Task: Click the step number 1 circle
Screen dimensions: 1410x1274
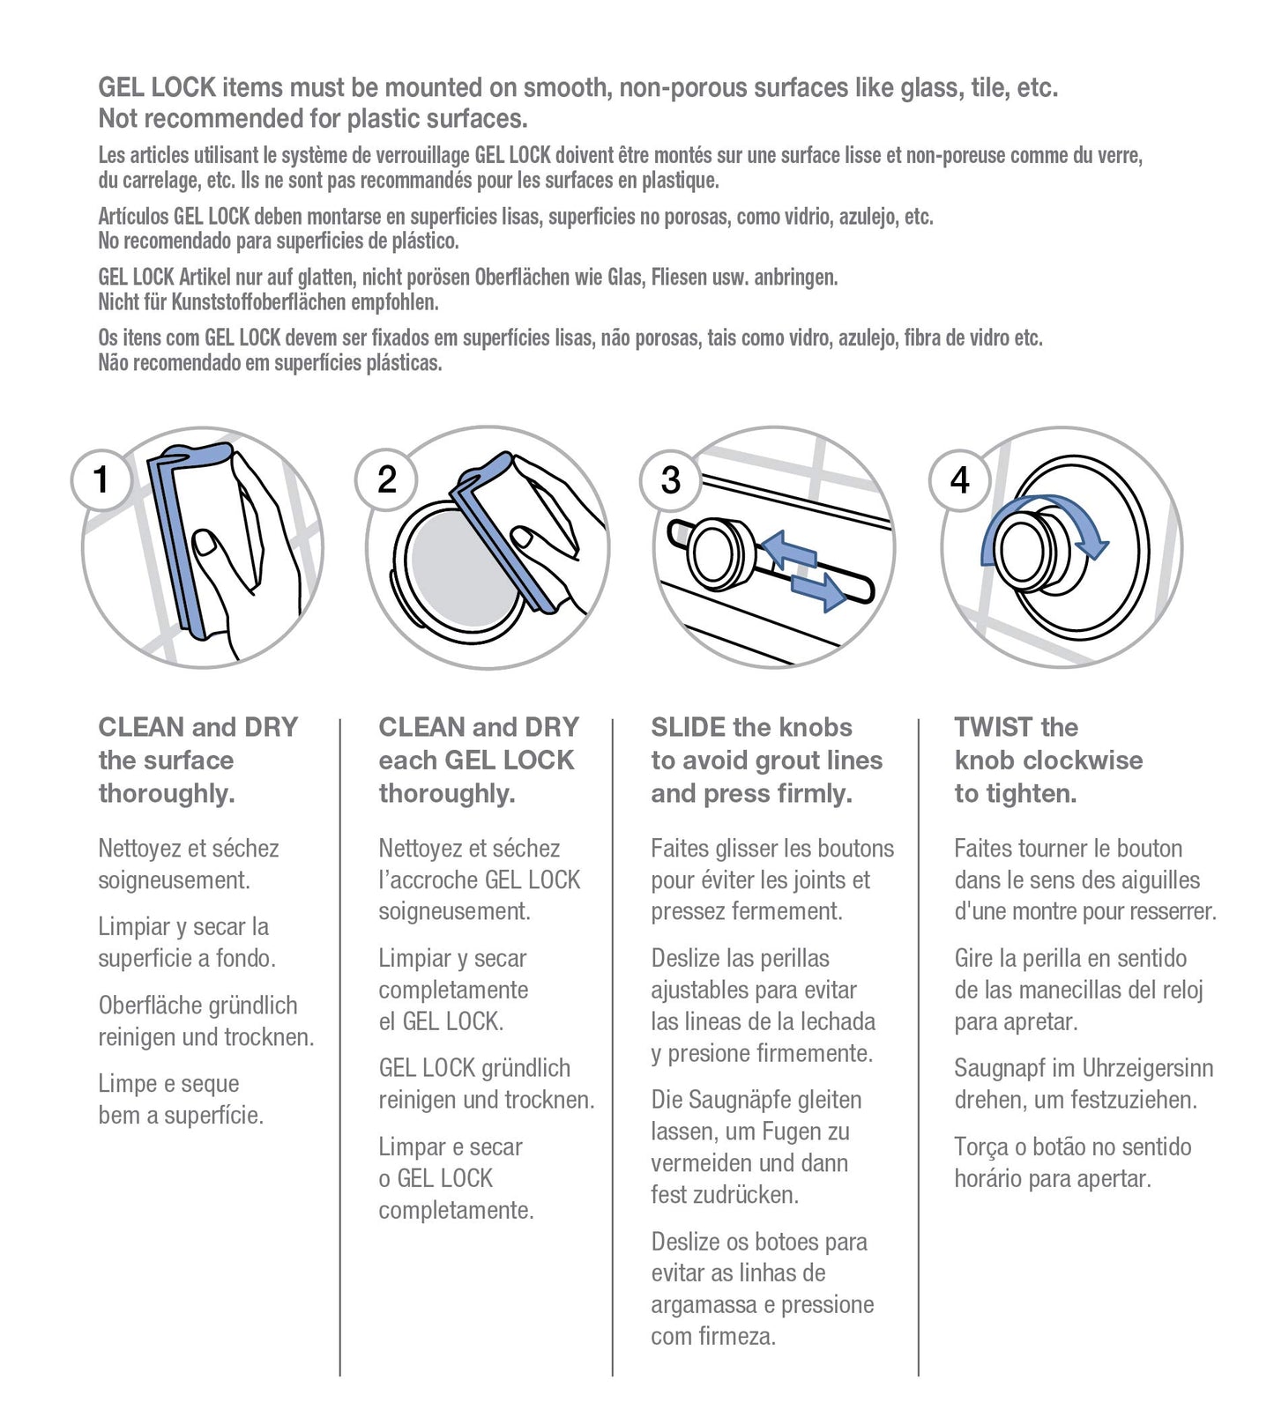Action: (101, 480)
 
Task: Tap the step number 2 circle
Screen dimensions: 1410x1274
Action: (386, 480)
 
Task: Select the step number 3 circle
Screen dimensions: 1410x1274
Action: (670, 480)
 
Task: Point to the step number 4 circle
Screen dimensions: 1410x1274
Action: (959, 480)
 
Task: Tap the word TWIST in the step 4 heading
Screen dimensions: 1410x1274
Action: (993, 728)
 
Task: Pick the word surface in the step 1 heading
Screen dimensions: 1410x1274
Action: (190, 761)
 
